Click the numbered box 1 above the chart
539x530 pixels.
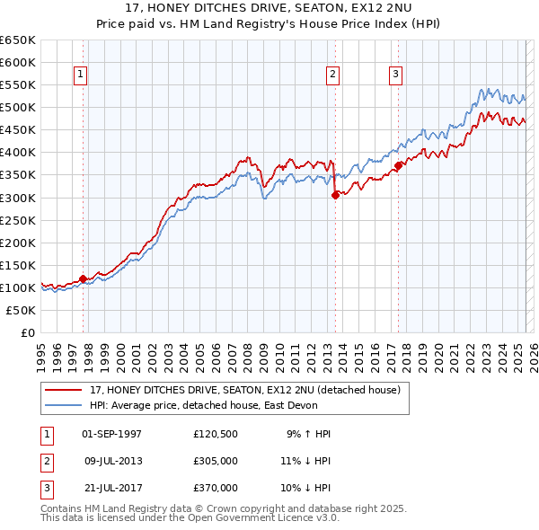click(82, 75)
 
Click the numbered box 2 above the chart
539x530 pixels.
click(333, 75)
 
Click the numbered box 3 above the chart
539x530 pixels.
click(395, 75)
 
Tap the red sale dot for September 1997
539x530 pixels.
click(83, 278)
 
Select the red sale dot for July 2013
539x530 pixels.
click(335, 195)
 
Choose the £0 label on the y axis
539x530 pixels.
click(26, 332)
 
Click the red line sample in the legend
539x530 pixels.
click(65, 389)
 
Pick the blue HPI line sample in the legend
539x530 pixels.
click(65, 405)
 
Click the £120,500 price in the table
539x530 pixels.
click(215, 434)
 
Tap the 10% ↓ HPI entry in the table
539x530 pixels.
click(305, 488)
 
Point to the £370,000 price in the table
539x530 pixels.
click(215, 488)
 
